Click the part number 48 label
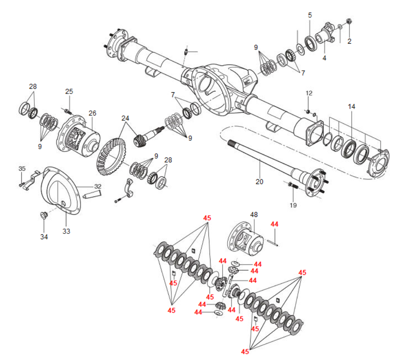tap(254, 215)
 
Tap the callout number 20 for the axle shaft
tap(259, 181)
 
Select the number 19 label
tap(292, 205)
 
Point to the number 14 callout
tap(352, 106)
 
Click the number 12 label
tap(309, 93)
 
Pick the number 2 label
tap(349, 41)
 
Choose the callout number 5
tap(310, 15)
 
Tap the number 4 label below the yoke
tap(324, 58)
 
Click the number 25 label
tap(69, 91)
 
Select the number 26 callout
tap(92, 113)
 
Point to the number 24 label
tap(126, 119)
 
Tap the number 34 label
tap(44, 237)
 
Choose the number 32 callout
tap(97, 186)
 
